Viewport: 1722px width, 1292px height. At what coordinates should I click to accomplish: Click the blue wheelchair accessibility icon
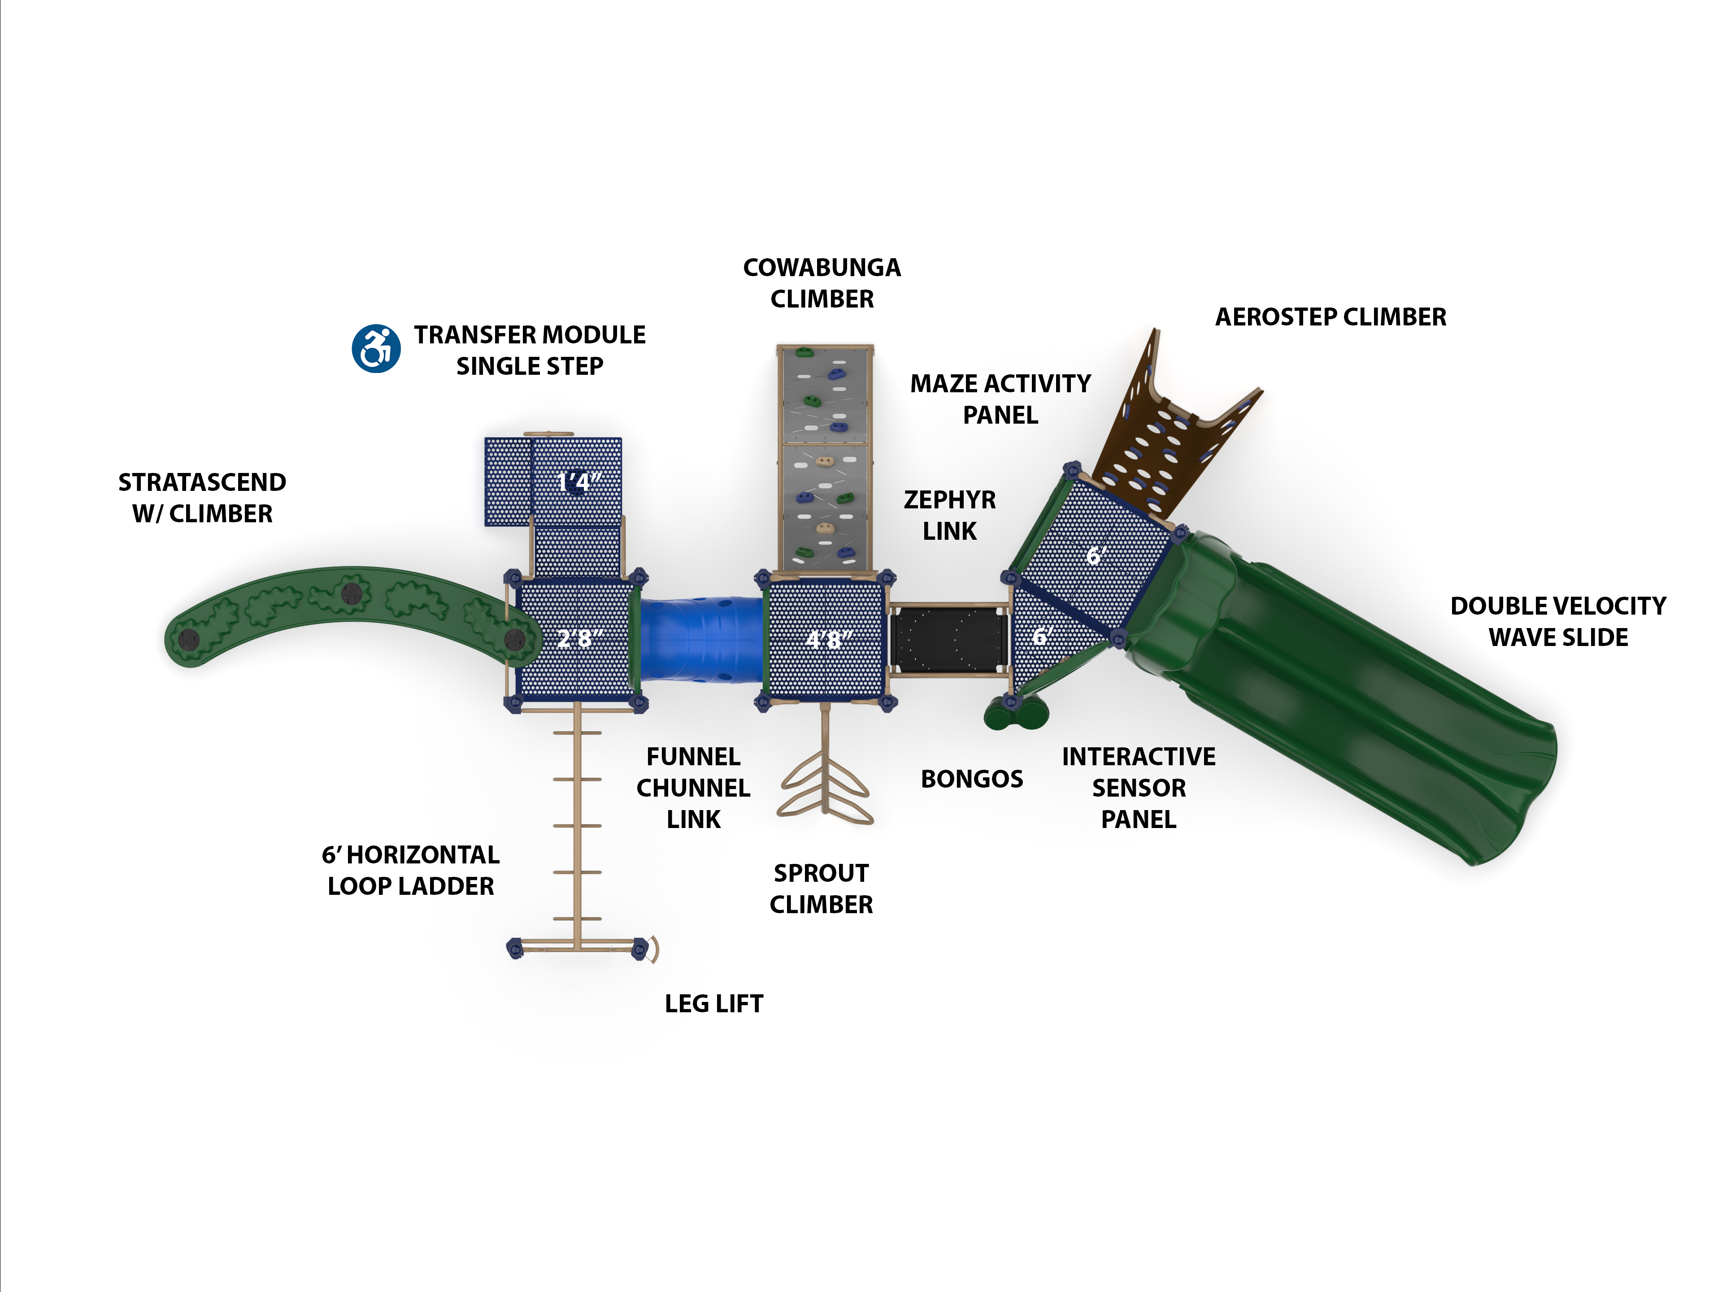[x=376, y=349]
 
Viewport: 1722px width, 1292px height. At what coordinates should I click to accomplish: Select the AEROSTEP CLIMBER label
[x=1331, y=317]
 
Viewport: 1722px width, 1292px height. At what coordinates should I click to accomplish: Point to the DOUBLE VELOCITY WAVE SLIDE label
[x=1558, y=621]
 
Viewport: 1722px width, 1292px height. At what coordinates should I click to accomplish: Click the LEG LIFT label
[x=713, y=1004]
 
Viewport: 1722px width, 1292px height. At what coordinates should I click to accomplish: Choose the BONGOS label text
[x=972, y=779]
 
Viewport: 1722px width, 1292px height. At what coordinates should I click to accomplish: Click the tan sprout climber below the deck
[x=825, y=786]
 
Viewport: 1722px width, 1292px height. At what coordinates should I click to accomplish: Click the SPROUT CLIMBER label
[x=821, y=889]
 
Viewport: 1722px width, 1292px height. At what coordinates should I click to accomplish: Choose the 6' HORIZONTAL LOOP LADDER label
[x=410, y=870]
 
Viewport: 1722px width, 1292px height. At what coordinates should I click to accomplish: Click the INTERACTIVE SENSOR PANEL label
[x=1138, y=788]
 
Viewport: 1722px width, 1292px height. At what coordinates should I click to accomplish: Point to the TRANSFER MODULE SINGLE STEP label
[x=529, y=350]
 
